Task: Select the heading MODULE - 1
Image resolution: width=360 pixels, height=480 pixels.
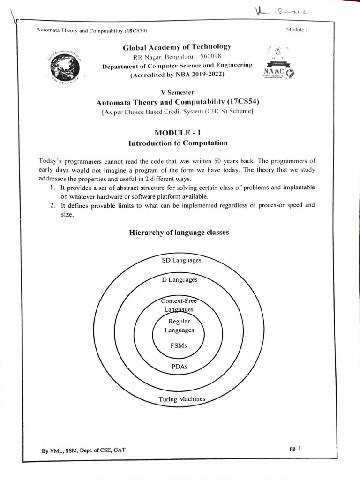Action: click(178, 133)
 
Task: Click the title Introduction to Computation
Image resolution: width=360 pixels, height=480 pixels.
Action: click(178, 143)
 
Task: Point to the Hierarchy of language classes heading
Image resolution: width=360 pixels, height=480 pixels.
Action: click(178, 232)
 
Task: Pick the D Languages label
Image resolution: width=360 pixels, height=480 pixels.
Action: click(180, 280)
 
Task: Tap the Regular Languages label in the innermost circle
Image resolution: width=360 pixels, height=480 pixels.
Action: click(179, 326)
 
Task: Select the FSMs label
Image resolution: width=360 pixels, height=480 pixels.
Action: click(179, 346)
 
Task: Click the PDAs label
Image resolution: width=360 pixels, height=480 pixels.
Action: click(180, 366)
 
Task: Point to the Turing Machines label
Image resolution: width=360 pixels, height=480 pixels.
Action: click(182, 399)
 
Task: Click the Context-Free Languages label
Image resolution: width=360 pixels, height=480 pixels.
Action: click(179, 305)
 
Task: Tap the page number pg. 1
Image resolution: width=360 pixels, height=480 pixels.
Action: click(295, 448)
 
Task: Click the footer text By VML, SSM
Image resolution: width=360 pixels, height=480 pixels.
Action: click(83, 450)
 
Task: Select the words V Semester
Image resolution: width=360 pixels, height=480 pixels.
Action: click(177, 93)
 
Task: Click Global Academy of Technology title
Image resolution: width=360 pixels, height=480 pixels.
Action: click(177, 47)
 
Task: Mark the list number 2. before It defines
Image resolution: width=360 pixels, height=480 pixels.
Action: click(53, 205)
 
